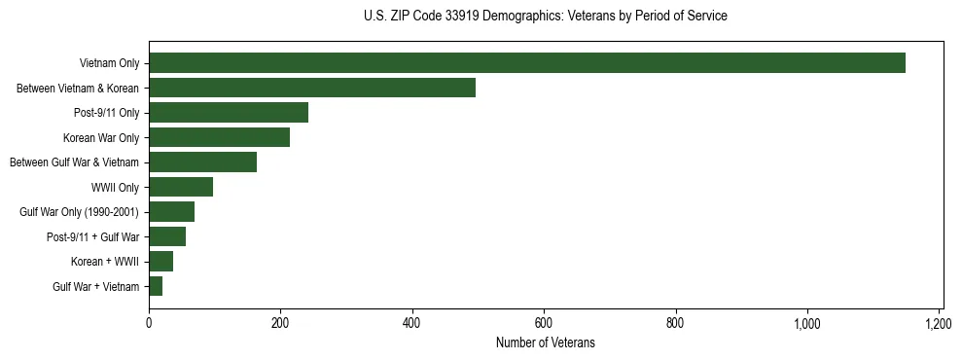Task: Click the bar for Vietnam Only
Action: pyautogui.click(x=526, y=63)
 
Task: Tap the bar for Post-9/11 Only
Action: pyautogui.click(x=229, y=113)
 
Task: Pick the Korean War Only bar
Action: pyautogui.click(x=219, y=137)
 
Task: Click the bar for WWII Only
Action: pyautogui.click(x=181, y=187)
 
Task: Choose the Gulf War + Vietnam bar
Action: pyautogui.click(x=156, y=286)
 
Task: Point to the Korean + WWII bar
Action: pyautogui.click(x=160, y=262)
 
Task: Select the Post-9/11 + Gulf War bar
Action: pyautogui.click(x=167, y=236)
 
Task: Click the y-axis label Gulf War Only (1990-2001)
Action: pyautogui.click(x=80, y=212)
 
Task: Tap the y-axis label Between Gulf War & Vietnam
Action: pyautogui.click(x=74, y=162)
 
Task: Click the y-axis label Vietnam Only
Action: pyautogui.click(x=109, y=64)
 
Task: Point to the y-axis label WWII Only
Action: pyautogui.click(x=115, y=187)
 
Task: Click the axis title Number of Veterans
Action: pyautogui.click(x=545, y=343)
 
